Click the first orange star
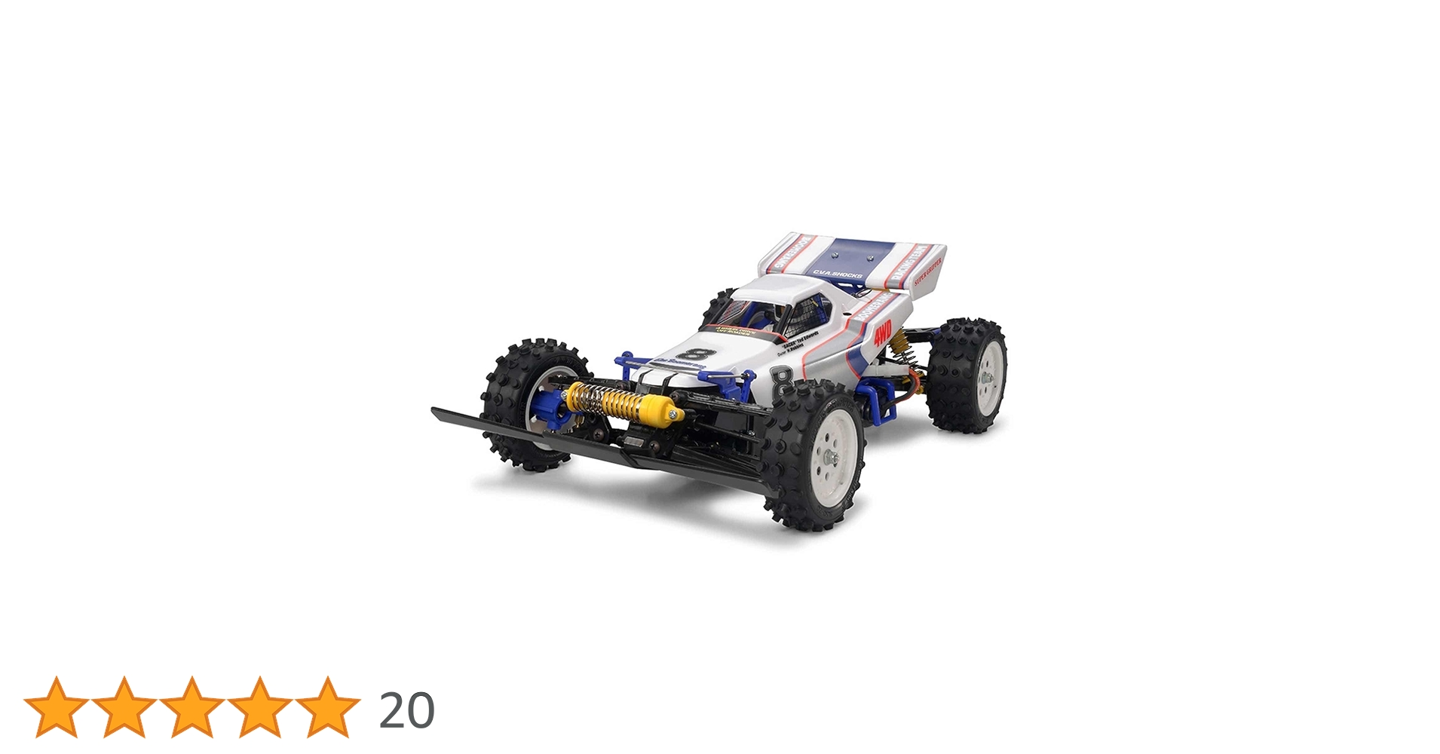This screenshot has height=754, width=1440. pos(57,707)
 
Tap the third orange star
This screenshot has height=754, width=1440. pos(192,707)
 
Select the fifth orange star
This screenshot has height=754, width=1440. pos(328,707)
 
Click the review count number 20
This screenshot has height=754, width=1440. pos(406,710)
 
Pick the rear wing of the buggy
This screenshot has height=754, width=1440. pos(852,264)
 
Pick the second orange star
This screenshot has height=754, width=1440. pos(124,707)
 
